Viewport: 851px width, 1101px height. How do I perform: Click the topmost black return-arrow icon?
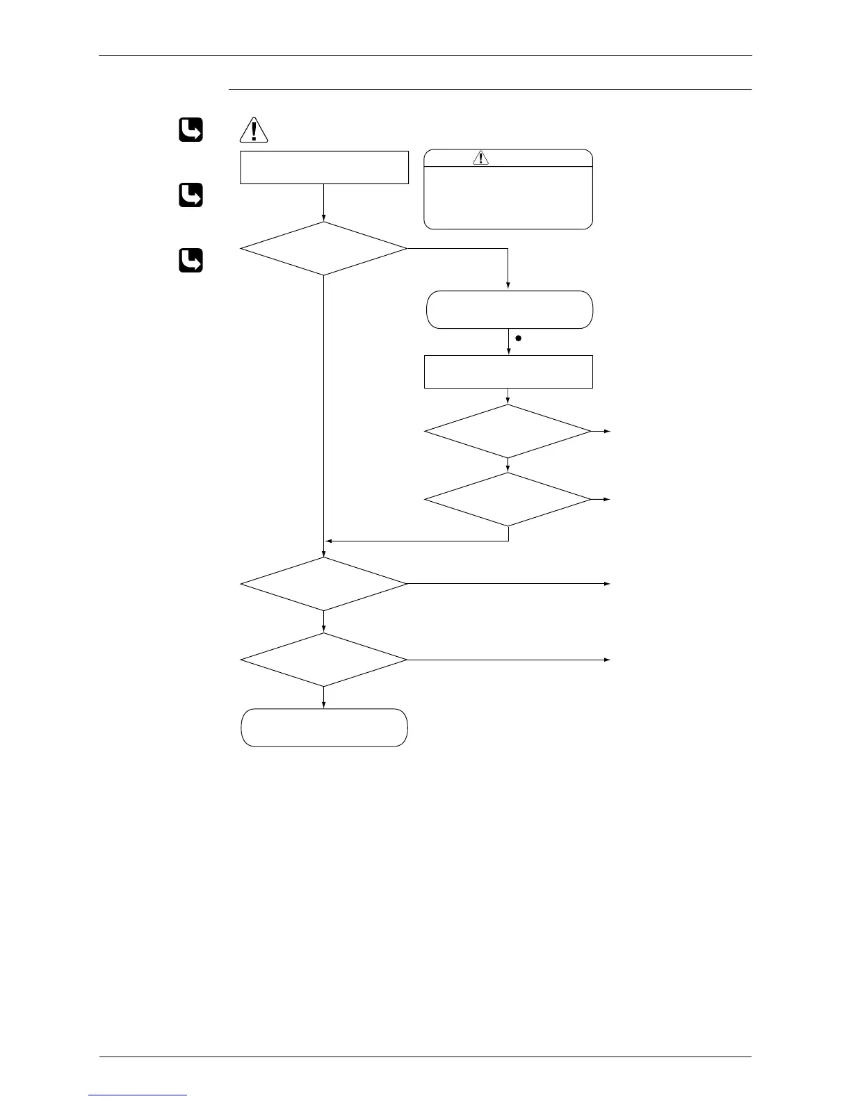click(x=191, y=130)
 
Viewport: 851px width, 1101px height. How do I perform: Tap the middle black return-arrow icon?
click(x=191, y=195)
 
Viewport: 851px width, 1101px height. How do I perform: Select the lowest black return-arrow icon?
click(x=191, y=260)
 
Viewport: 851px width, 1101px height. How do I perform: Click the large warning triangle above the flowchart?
click(x=254, y=131)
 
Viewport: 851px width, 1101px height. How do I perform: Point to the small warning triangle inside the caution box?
click(x=480, y=158)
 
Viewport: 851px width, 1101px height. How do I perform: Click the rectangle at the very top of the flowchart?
click(x=324, y=167)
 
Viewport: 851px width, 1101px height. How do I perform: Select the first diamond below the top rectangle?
click(x=324, y=248)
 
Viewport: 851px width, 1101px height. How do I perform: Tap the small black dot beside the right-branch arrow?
click(x=518, y=338)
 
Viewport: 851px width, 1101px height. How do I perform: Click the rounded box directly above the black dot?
click(x=509, y=309)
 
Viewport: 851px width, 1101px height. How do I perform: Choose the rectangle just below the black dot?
click(x=509, y=371)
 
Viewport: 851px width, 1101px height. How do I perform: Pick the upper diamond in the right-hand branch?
click(x=508, y=431)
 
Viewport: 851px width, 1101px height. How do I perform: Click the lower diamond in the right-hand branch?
click(x=508, y=499)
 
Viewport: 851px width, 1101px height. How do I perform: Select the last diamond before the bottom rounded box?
click(x=324, y=659)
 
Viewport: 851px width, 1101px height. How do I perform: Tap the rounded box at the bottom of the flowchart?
click(x=324, y=727)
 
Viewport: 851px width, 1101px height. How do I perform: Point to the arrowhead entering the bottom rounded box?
click(x=324, y=706)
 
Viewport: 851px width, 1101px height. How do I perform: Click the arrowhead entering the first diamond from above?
click(x=324, y=219)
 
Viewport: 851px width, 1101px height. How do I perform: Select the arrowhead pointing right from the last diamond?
click(x=608, y=659)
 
